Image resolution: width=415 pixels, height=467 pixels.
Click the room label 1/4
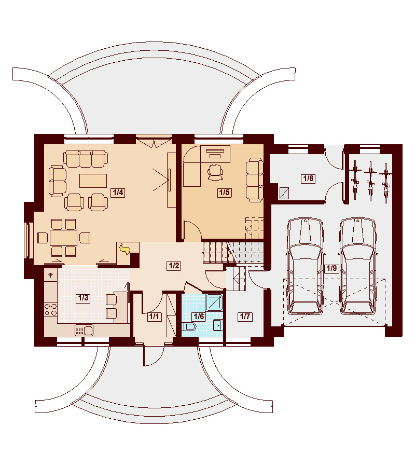[x=118, y=193]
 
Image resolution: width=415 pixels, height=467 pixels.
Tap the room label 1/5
[x=224, y=193]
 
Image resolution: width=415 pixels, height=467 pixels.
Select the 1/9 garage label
[x=331, y=268]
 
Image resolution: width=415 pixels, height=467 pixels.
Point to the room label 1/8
[x=308, y=178]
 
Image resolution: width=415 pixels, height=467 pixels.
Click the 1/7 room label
[x=245, y=317]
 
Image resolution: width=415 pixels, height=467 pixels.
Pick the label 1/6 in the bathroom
[x=199, y=317]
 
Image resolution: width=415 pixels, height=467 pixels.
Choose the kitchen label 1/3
[x=83, y=298]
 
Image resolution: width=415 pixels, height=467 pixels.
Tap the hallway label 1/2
[x=174, y=265]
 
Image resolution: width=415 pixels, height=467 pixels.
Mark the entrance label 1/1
[x=154, y=317]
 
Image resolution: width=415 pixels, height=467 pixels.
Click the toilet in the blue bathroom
[x=190, y=327]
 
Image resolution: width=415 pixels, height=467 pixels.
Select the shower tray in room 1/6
[x=214, y=302]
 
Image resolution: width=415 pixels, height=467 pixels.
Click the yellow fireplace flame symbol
[x=125, y=249]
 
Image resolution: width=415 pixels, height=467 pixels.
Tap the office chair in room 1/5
[x=215, y=172]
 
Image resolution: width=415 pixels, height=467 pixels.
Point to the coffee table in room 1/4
[x=93, y=181]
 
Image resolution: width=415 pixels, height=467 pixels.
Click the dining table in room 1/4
[x=64, y=238]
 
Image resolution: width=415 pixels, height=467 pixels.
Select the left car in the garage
[x=305, y=266]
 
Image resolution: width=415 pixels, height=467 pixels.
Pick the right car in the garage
[x=357, y=266]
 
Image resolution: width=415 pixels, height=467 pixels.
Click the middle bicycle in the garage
[x=370, y=181]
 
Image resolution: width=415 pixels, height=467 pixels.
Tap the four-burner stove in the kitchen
[x=51, y=309]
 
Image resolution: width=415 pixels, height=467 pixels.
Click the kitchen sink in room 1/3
[x=84, y=331]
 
